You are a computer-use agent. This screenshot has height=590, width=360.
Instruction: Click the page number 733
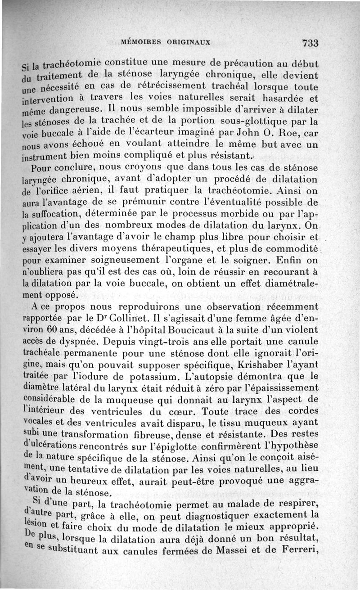click(x=310, y=43)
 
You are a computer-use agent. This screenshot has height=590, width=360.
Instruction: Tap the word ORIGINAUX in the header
click(x=189, y=43)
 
